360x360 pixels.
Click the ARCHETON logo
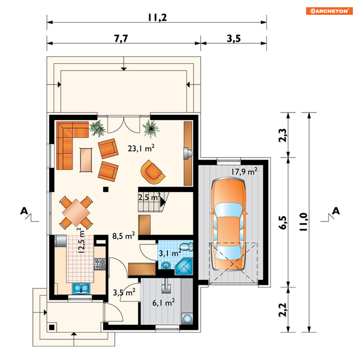coord(329,11)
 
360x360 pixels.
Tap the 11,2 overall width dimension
coord(157,18)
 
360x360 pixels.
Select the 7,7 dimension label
coord(121,38)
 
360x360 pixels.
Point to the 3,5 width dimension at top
coord(234,38)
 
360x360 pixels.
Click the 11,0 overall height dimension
coord(303,222)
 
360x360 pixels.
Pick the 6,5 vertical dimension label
coord(283,223)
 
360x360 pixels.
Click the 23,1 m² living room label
coord(141,148)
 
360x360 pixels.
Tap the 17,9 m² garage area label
coord(244,171)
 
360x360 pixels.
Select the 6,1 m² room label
coord(164,302)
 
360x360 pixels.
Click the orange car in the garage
coord(228,224)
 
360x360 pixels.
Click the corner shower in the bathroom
coord(184,266)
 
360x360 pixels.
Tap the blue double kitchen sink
coord(81,288)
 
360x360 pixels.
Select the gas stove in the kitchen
coord(100,264)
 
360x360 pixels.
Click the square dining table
coord(76,213)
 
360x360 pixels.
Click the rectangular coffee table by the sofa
coord(86,160)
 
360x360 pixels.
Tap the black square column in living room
coord(106,190)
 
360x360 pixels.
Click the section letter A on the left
coord(24,211)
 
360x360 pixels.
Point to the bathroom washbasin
coord(166,266)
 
